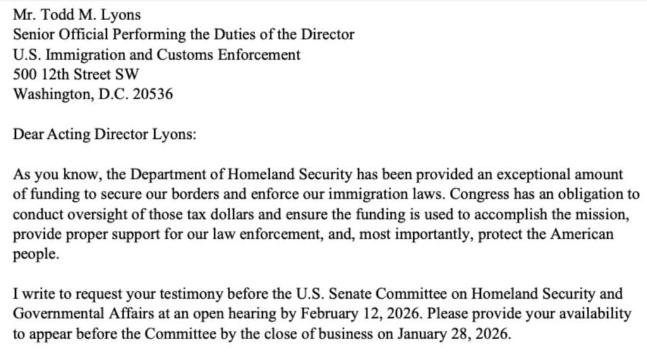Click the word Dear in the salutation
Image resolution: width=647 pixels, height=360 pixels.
click(x=26, y=136)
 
